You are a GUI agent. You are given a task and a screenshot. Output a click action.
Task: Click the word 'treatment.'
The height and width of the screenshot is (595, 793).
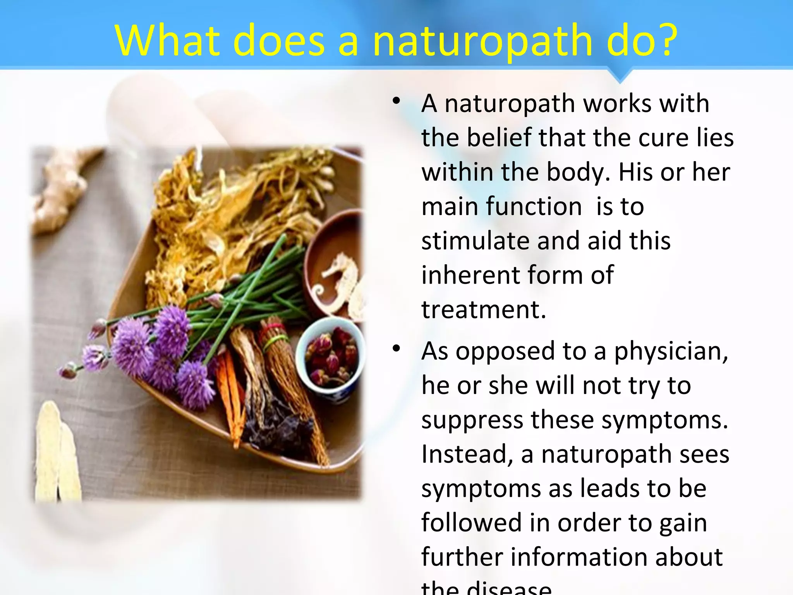click(484, 310)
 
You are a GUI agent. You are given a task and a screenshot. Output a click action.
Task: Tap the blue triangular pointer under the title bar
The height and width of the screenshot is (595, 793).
click(620, 75)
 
